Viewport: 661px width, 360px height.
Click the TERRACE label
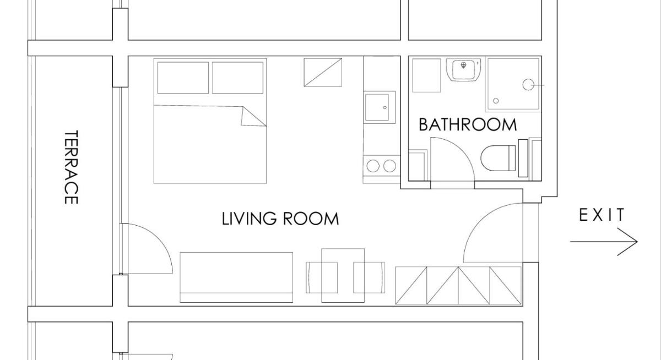[71, 167]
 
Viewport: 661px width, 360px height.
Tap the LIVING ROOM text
[280, 219]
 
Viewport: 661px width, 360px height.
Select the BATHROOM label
[468, 125]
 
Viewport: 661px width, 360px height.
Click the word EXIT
[602, 215]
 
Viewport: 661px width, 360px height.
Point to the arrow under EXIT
[604, 242]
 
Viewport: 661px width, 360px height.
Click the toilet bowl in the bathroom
[498, 158]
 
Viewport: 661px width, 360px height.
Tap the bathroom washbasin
[464, 69]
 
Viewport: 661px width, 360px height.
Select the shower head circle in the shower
[528, 85]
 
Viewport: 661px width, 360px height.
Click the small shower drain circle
[496, 101]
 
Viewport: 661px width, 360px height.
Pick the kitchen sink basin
[377, 107]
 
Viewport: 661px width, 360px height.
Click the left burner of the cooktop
[373, 166]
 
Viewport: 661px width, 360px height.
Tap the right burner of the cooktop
[389, 166]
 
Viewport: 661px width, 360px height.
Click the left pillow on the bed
[183, 78]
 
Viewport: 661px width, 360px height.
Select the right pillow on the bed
[237, 78]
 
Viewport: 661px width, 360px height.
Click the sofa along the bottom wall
[236, 277]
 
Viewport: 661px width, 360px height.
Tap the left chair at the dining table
[322, 277]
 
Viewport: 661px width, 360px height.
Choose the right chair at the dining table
[369, 277]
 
